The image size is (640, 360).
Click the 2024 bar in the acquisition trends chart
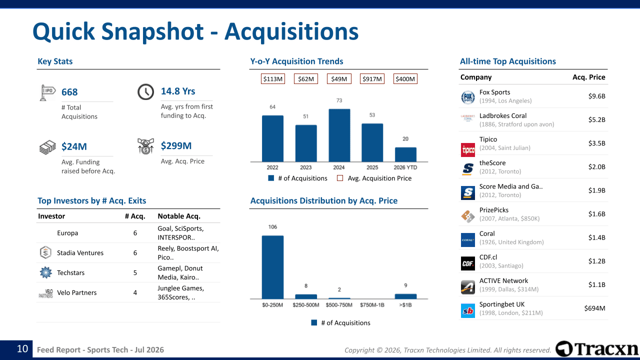tap(339, 135)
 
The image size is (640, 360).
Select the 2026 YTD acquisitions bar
tap(405, 154)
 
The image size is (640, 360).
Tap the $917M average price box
tap(372, 79)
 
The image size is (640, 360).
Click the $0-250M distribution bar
tap(272, 267)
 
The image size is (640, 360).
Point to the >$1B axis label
tap(405, 305)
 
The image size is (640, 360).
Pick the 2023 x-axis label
tap(305, 167)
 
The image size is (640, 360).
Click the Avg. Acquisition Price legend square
tap(340, 178)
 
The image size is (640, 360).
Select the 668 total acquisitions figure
tap(69, 92)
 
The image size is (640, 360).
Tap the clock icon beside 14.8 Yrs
tap(145, 91)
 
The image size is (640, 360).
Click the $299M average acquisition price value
tap(176, 145)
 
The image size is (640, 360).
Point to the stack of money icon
tap(47, 147)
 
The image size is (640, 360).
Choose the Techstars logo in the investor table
tap(45, 272)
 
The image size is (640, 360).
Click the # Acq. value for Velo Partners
tap(135, 292)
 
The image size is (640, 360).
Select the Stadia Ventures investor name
tap(80, 253)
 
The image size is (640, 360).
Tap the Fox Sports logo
tap(467, 97)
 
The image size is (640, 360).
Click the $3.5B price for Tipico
tap(596, 143)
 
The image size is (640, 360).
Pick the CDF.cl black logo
tap(467, 263)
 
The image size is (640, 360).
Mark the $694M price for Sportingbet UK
tap(594, 308)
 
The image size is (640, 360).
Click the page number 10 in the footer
tap(22, 348)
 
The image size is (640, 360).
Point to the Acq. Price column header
tap(588, 77)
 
